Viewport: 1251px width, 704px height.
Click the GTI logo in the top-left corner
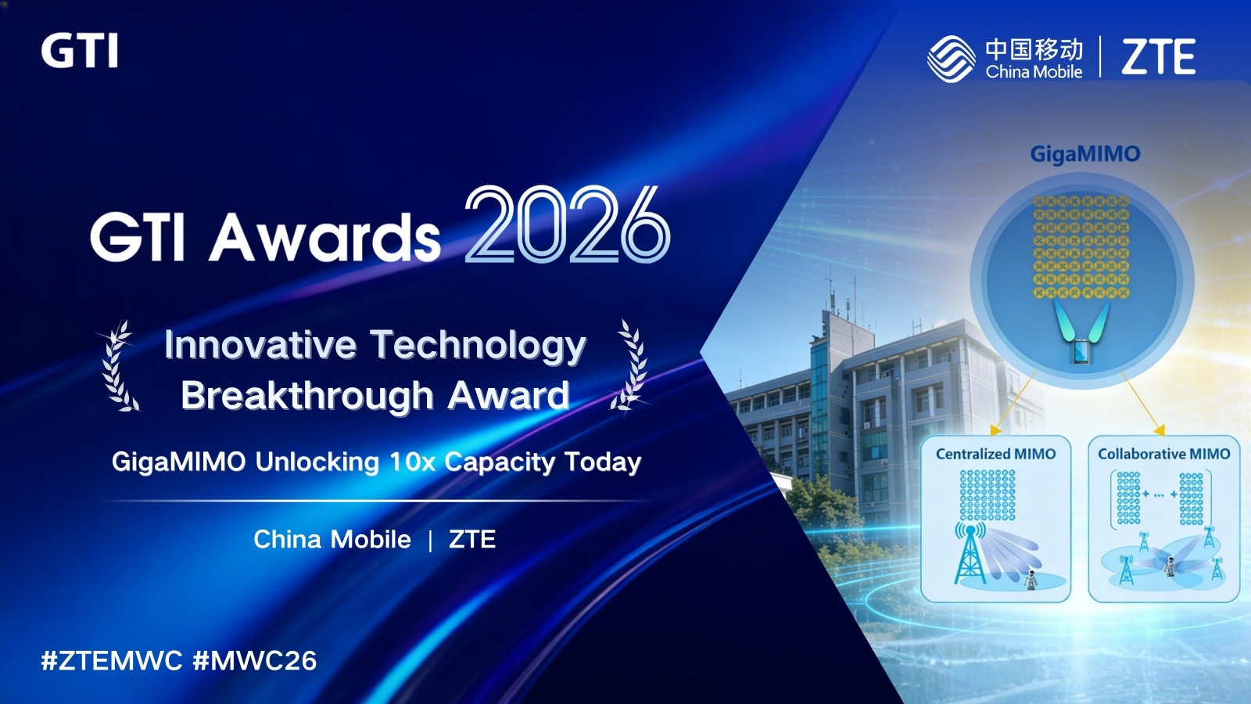click(x=79, y=50)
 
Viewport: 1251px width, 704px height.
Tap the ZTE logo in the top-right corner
click(x=1158, y=56)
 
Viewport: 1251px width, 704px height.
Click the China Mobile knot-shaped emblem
click(x=951, y=59)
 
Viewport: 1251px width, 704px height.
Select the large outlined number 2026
click(x=568, y=224)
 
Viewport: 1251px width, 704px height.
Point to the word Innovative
click(x=260, y=345)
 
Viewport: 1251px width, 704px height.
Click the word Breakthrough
click(x=307, y=395)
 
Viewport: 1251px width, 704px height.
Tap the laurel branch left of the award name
click(x=118, y=365)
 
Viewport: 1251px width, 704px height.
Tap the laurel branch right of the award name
click(x=630, y=365)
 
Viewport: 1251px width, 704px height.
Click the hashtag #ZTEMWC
click(x=112, y=660)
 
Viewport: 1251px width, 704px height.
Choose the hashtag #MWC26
click(x=255, y=660)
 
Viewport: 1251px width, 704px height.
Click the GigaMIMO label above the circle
click(x=1085, y=154)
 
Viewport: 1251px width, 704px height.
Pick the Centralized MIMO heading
click(x=996, y=454)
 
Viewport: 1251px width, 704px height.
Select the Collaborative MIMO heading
click(x=1164, y=454)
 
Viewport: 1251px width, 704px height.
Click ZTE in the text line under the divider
click(x=472, y=539)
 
